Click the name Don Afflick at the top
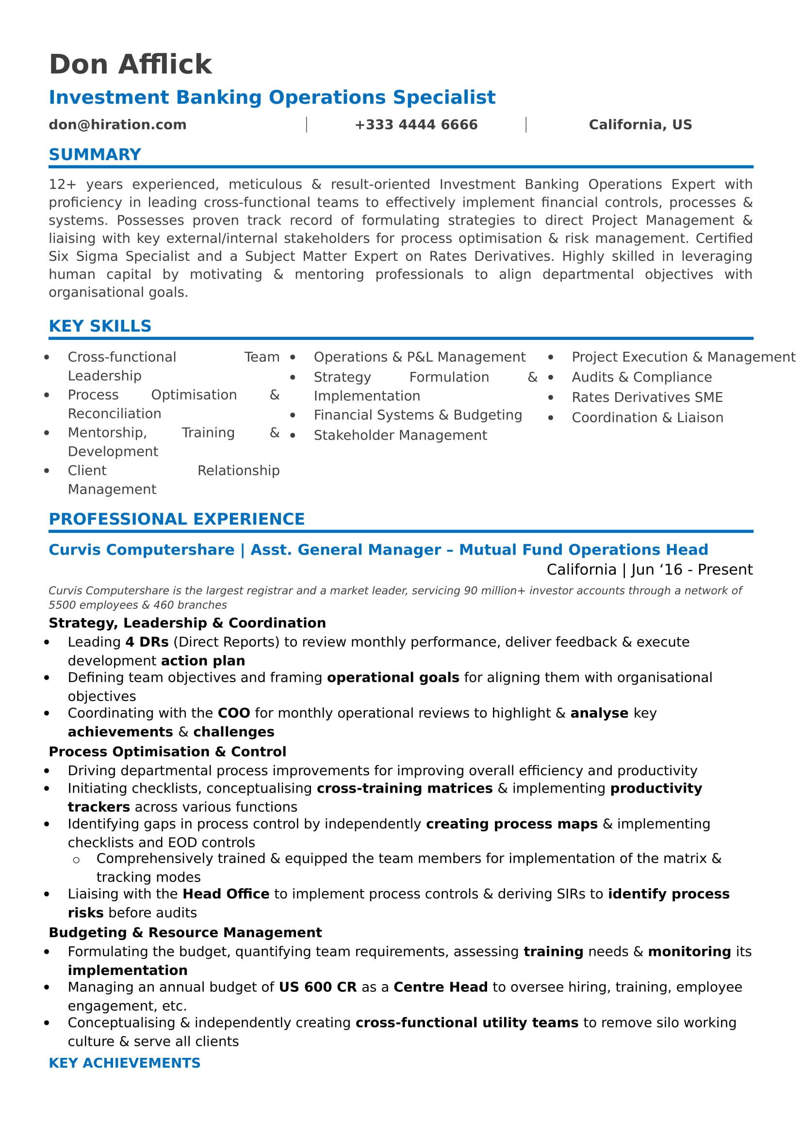[131, 64]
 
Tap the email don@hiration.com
[117, 125]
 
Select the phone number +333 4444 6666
[416, 125]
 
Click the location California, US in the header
[640, 125]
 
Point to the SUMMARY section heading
[95, 155]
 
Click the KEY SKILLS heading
[100, 326]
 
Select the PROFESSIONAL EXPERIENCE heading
[177, 519]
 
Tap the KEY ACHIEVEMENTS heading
[125, 1063]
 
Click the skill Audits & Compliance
[641, 377]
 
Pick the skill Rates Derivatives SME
[647, 398]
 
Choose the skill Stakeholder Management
[400, 436]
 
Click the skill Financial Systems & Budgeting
[418, 415]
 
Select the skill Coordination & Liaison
[647, 418]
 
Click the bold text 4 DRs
[147, 642]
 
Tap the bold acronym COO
[234, 713]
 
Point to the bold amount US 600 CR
[317, 987]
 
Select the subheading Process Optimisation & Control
[167, 752]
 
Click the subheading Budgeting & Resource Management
[185, 932]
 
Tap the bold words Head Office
[226, 894]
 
